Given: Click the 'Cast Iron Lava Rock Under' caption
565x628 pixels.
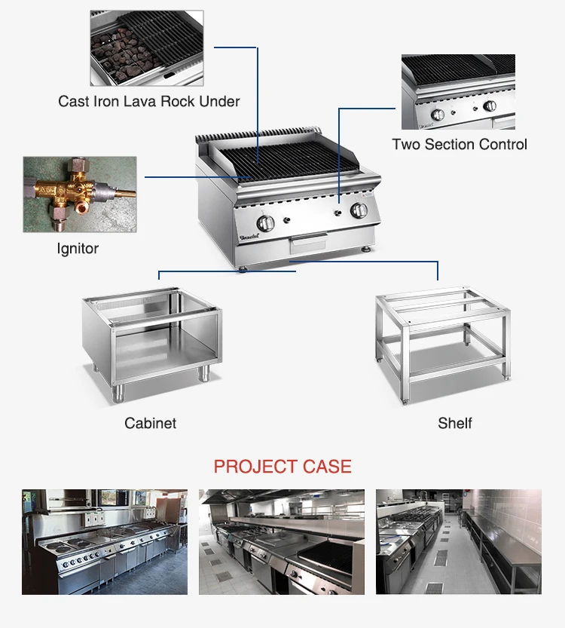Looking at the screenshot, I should (149, 101).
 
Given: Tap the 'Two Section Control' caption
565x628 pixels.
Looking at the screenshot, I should (460, 144).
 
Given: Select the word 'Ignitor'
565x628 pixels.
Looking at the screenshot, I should (78, 248).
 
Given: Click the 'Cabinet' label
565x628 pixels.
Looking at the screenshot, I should (151, 423).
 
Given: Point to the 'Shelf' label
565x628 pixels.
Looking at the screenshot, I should (455, 423).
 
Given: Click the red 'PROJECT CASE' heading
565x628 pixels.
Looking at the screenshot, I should (282, 467).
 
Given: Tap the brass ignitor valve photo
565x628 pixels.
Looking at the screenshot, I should (79, 194).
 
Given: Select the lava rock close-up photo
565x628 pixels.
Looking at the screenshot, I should (146, 47).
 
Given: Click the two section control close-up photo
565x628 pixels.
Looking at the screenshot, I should (458, 91).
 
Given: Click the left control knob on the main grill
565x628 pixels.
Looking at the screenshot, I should (266, 223).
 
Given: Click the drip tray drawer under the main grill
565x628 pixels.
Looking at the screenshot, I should (310, 243).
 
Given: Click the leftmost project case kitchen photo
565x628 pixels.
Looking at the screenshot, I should (104, 541).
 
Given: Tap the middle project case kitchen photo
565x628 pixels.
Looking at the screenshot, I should (282, 541).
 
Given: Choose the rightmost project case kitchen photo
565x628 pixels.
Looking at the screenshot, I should (458, 541).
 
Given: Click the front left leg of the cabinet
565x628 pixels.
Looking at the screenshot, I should (118, 392).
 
